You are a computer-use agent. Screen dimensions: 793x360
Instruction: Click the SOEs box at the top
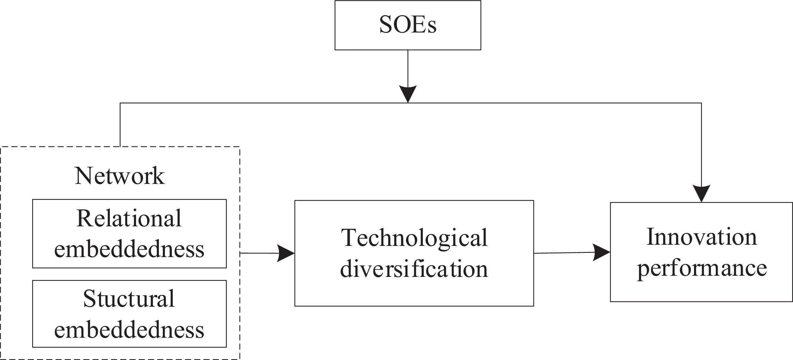point(407,25)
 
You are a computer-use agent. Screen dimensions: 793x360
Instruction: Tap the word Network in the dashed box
point(120,176)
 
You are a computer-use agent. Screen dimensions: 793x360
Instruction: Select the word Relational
point(129,218)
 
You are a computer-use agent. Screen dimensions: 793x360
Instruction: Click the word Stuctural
point(129,299)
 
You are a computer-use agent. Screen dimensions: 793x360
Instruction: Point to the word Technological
point(414,238)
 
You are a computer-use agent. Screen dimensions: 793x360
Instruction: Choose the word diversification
point(414,269)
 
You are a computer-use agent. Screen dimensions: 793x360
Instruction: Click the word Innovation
point(702,237)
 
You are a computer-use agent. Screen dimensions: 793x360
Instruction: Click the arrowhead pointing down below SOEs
point(408,93)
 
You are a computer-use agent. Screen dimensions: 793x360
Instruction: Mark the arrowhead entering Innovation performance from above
point(701,193)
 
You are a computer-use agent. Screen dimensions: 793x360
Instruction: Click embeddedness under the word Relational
point(129,250)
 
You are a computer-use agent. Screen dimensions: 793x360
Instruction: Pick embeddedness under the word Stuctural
point(129,330)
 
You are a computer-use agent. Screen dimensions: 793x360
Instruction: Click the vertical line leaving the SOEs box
point(408,68)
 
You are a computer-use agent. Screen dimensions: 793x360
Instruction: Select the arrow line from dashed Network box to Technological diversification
point(259,253)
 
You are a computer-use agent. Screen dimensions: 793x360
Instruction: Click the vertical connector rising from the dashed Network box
point(120,125)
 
